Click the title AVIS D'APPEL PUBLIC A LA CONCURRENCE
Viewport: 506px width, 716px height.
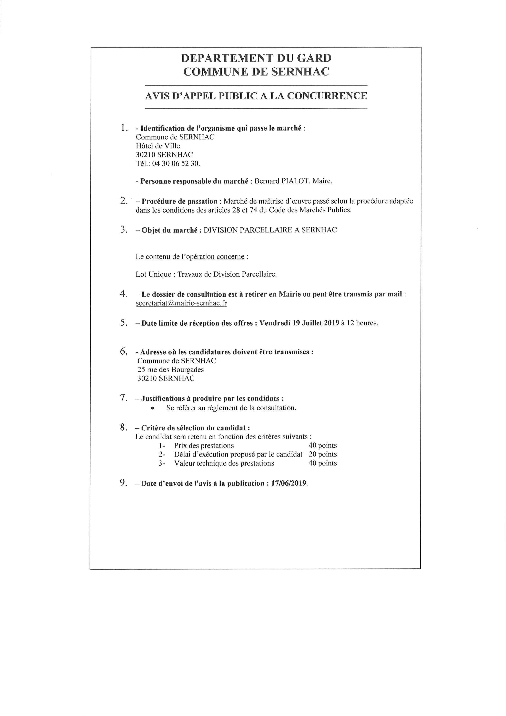tap(256, 96)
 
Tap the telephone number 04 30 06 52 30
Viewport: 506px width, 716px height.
tap(176, 163)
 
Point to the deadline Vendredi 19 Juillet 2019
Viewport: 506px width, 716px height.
tap(299, 323)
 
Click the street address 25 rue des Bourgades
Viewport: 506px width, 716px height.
tap(170, 370)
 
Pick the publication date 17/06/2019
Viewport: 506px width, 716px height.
tap(289, 483)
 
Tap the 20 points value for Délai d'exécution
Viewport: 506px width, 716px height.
tap(323, 454)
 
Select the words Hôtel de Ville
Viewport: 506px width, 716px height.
tap(158, 146)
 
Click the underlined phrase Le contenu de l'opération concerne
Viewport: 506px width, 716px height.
tap(190, 257)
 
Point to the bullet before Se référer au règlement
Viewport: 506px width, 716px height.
tap(152, 408)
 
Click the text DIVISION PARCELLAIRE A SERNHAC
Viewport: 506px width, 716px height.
tap(270, 230)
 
